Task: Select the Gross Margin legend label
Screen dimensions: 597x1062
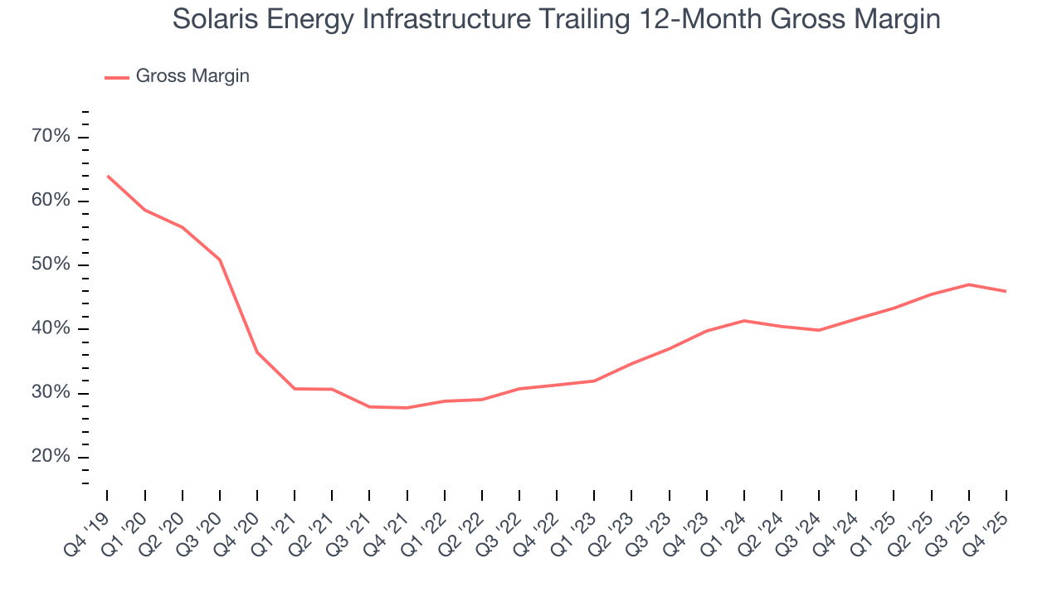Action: pyautogui.click(x=192, y=76)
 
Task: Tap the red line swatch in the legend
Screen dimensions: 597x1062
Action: pyautogui.click(x=116, y=77)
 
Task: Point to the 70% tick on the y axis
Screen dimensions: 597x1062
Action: pyautogui.click(x=51, y=137)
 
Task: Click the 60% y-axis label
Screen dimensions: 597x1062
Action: pyautogui.click(x=51, y=201)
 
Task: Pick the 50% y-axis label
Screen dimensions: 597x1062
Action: pyautogui.click(x=51, y=265)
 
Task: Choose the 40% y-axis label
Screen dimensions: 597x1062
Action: pyautogui.click(x=51, y=328)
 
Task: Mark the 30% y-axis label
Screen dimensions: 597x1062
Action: pyautogui.click(x=51, y=392)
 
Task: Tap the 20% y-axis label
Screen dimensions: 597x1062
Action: pyautogui.click(x=51, y=457)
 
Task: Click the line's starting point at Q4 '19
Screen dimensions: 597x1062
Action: pyautogui.click(x=108, y=176)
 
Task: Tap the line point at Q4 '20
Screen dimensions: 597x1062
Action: pyautogui.click(x=257, y=352)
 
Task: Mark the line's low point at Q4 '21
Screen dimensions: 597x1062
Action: pyautogui.click(x=407, y=408)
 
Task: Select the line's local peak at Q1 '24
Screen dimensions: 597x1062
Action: pyautogui.click(x=744, y=320)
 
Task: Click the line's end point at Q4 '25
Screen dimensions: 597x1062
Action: pyautogui.click(x=1006, y=291)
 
